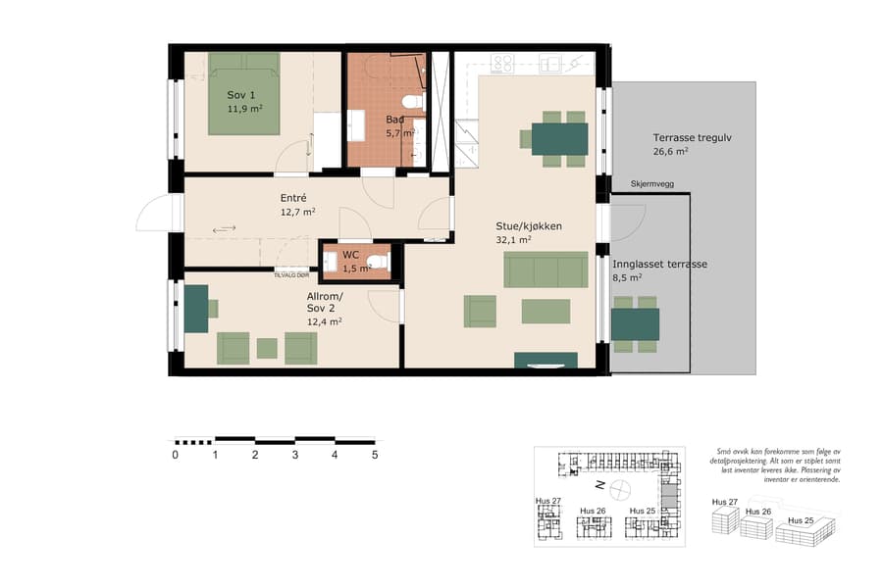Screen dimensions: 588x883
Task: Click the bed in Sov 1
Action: (x=244, y=94)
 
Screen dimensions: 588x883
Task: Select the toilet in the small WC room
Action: (x=381, y=261)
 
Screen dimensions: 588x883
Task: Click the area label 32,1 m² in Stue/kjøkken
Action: (x=513, y=239)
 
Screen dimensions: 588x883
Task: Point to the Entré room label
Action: (x=293, y=198)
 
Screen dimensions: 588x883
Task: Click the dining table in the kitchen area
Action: (x=559, y=138)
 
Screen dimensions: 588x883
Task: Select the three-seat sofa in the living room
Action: (x=545, y=269)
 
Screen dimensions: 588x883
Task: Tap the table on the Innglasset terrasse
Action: (x=635, y=323)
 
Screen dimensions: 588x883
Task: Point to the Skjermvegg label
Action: (x=637, y=183)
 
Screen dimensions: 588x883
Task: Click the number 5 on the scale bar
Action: (x=374, y=455)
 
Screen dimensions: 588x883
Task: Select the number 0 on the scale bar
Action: (x=176, y=455)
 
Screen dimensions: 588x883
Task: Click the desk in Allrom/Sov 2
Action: (x=195, y=307)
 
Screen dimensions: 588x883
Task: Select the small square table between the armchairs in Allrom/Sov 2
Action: (x=267, y=348)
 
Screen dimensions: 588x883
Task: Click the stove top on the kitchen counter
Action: (x=502, y=64)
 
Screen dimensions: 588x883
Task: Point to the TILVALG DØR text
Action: (x=291, y=275)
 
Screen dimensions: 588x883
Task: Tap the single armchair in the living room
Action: (x=481, y=311)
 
